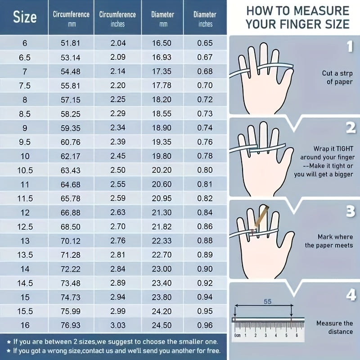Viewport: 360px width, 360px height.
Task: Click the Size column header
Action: (25, 17)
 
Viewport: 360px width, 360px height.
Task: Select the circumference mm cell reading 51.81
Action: (71, 43)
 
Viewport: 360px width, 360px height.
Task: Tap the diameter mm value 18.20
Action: (162, 99)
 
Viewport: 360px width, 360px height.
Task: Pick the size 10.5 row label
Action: (25, 171)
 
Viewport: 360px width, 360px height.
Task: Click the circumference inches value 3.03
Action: (118, 325)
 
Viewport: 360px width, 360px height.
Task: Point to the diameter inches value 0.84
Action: (205, 212)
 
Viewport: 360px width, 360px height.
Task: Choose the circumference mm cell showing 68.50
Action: (71, 227)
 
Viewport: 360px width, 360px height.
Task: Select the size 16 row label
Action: (25, 325)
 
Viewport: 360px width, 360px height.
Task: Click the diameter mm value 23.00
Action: (162, 269)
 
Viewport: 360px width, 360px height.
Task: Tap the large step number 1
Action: (350, 46)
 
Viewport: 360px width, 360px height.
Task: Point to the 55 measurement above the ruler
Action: (267, 301)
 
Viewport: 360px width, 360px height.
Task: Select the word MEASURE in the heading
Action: (321, 11)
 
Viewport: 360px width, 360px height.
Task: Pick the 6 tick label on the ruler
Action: (297, 335)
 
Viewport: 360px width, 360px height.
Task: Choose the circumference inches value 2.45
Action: (118, 156)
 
